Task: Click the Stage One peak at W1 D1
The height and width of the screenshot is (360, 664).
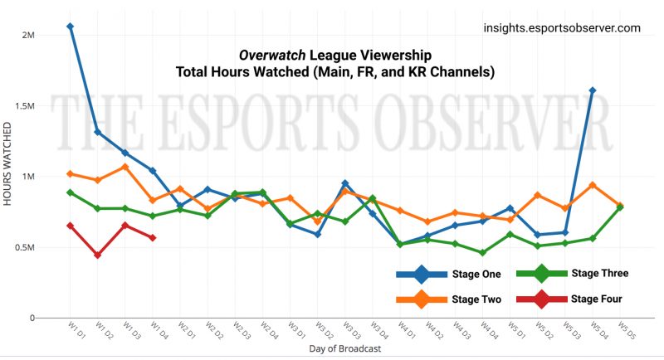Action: [71, 27]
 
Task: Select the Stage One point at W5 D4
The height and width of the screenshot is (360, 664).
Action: [592, 90]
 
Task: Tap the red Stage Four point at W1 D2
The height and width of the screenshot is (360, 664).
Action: [98, 255]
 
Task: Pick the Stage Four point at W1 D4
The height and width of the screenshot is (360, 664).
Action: [153, 238]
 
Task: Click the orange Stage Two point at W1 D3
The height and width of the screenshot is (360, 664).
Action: [125, 167]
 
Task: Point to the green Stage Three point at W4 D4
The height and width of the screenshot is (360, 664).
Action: [482, 253]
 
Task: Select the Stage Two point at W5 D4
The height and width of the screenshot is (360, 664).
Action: [592, 185]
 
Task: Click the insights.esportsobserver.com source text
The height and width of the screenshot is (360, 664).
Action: [562, 28]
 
